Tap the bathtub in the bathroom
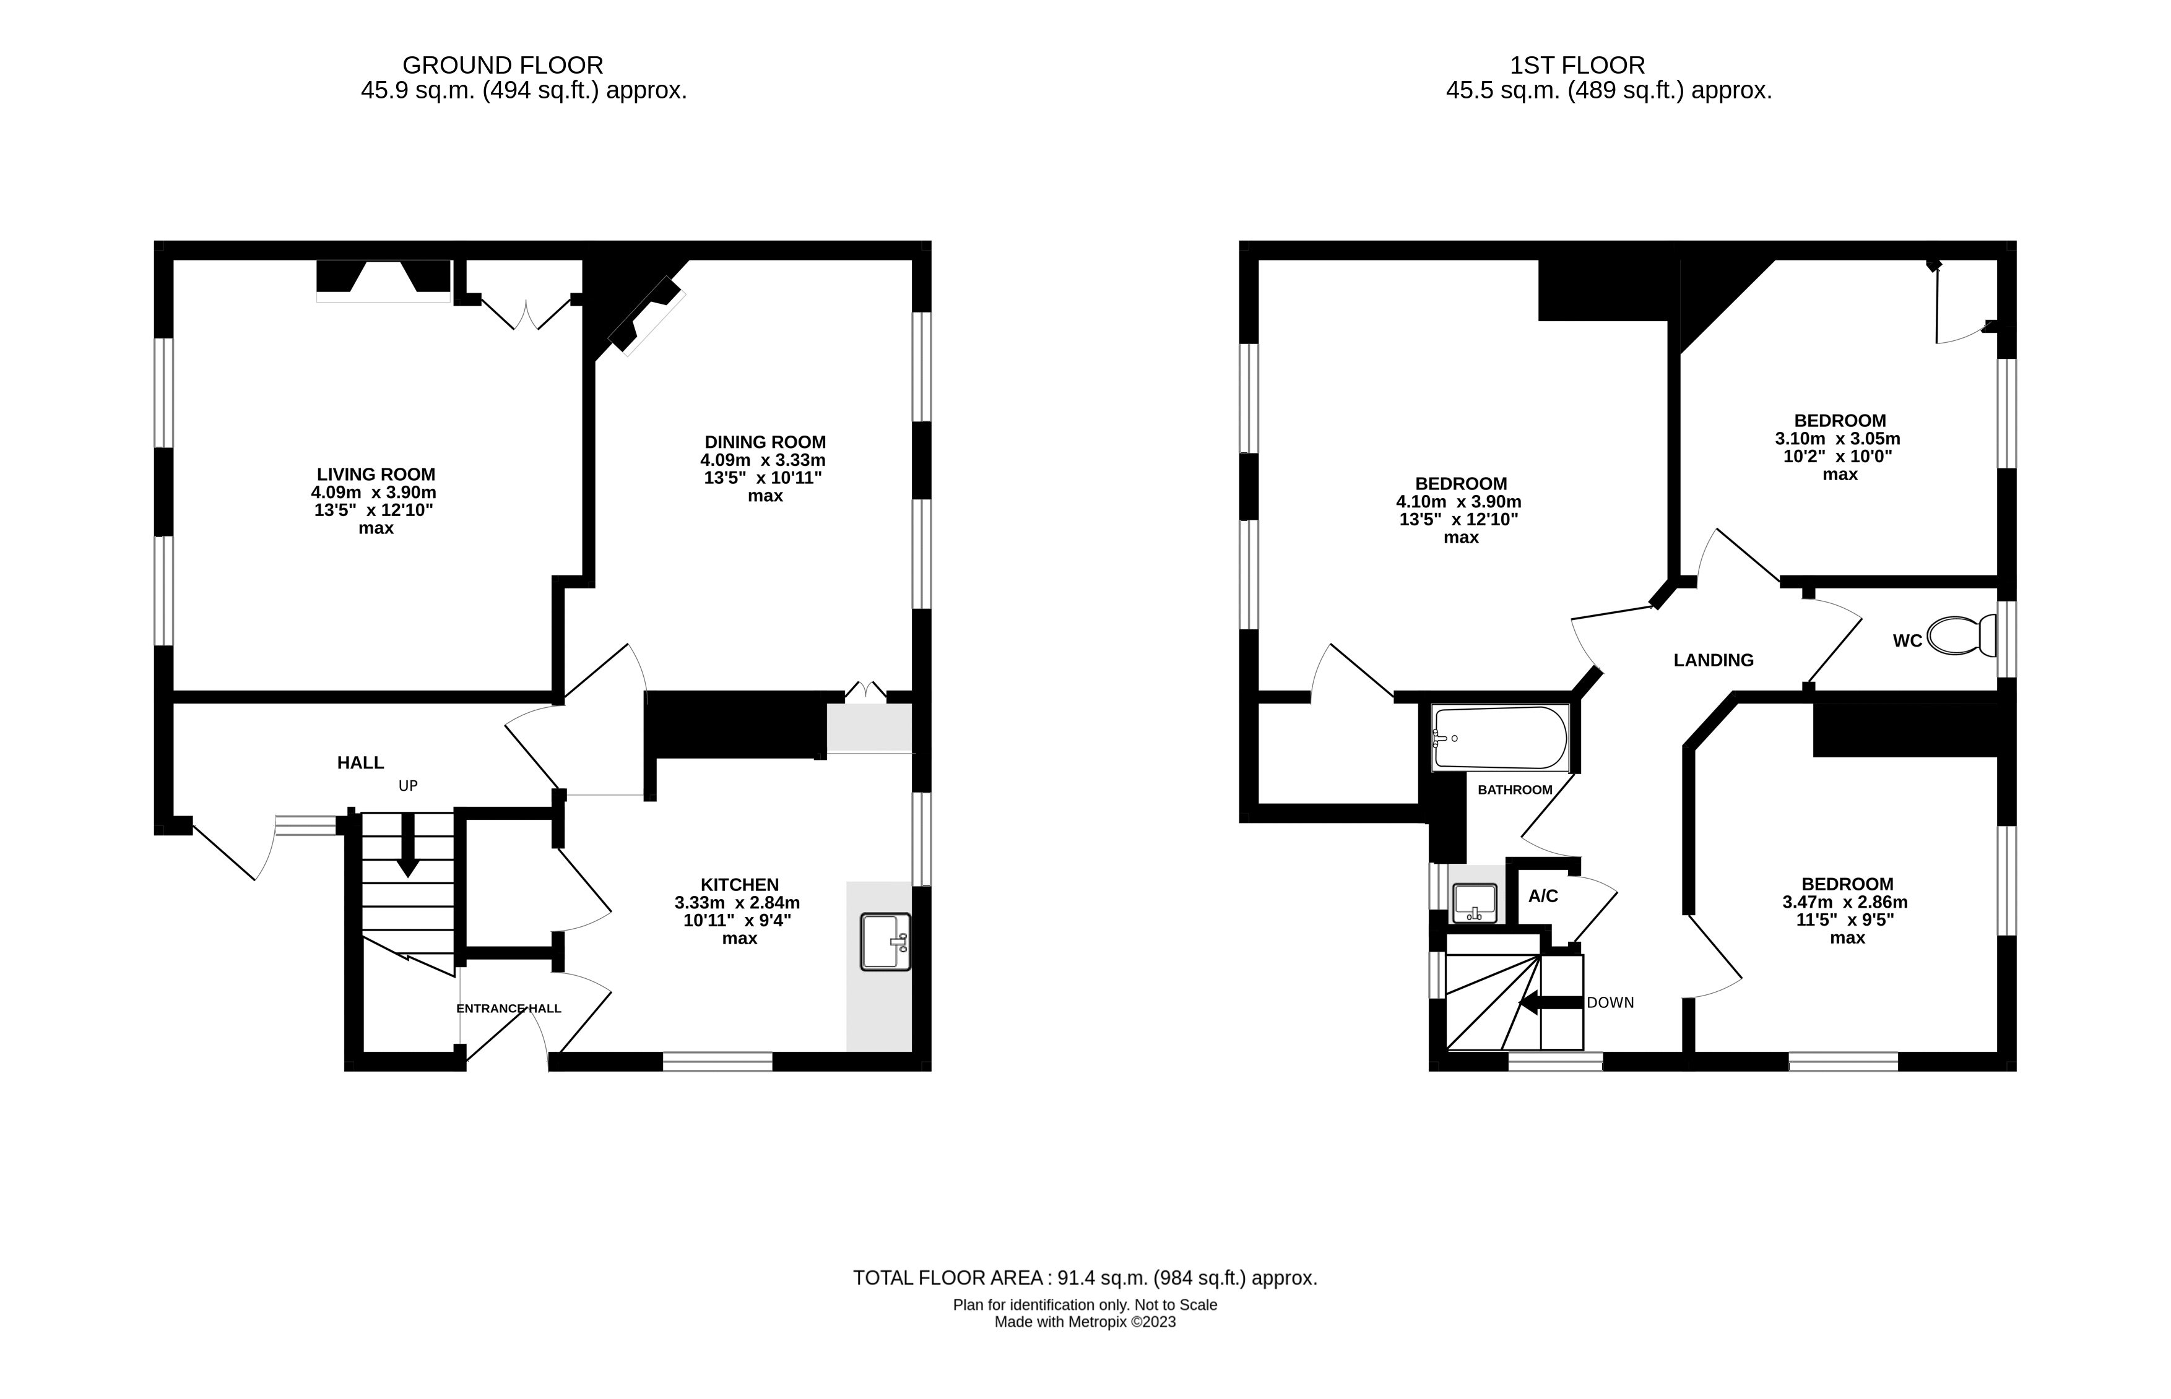[1499, 738]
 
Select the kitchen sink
[884, 942]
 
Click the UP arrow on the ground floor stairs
[408, 845]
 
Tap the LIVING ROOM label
[375, 474]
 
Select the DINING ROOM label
[765, 442]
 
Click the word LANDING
[1713, 660]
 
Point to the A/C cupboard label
[1542, 897]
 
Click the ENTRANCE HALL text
[508, 1009]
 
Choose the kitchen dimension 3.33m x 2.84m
[737, 903]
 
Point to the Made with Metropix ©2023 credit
[1084, 1322]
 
